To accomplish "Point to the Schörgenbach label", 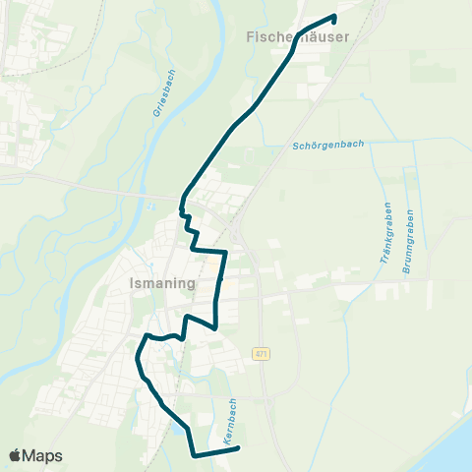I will [328, 145].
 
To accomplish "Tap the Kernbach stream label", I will [231, 422].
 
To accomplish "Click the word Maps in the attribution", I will [43, 455].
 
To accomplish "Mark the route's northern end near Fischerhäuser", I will [335, 16].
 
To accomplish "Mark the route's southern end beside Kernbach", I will [239, 450].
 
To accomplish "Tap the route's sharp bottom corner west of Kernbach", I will [192, 454].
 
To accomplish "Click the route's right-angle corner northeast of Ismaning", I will [225, 253].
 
